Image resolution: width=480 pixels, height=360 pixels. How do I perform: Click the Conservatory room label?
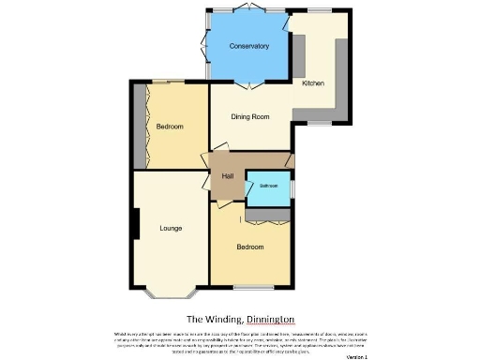coord(249,46)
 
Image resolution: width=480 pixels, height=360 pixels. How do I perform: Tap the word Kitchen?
coord(313,83)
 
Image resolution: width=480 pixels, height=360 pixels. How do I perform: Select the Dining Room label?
coord(250,117)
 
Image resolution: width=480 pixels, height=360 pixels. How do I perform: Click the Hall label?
coord(226,175)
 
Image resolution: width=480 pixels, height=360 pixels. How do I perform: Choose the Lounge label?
coord(170,228)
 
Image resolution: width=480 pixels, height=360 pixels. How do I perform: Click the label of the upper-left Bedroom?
coord(169,126)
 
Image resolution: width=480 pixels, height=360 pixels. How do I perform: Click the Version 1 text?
coord(356,356)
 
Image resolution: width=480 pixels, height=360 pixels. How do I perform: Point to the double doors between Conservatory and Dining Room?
coord(249,85)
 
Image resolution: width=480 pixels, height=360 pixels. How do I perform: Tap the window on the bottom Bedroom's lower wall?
coord(248,285)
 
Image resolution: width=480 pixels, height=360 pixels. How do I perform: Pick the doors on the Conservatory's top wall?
coord(247,9)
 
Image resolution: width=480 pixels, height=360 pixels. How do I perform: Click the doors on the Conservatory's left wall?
coord(206,47)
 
